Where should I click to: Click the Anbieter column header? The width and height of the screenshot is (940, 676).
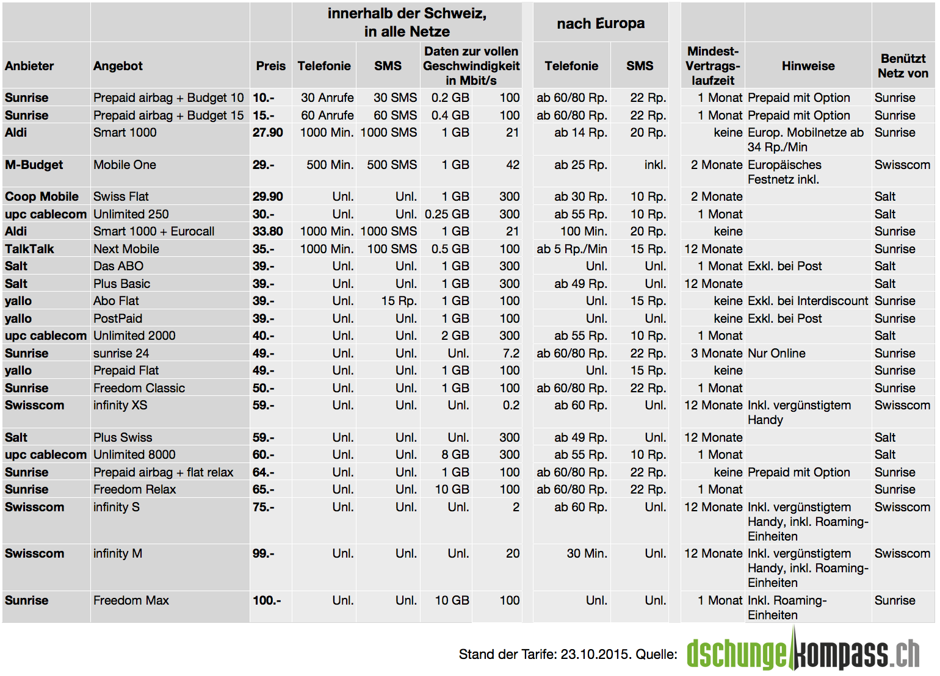tap(29, 66)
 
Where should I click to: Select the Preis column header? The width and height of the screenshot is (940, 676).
tap(270, 66)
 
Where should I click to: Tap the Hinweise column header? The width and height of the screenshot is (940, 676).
tap(808, 66)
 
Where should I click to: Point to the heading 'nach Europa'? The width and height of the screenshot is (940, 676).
tap(601, 24)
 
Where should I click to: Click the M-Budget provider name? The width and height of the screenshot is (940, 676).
tap(34, 165)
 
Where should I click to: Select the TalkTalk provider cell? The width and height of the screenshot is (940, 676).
tap(29, 249)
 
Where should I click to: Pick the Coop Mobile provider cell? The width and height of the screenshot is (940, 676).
tap(42, 196)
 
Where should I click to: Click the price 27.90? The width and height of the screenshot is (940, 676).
tap(268, 132)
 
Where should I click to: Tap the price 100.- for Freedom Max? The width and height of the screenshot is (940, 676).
tap(267, 600)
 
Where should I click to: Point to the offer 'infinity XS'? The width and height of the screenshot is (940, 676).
tap(120, 405)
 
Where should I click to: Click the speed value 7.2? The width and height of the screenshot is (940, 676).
tap(511, 353)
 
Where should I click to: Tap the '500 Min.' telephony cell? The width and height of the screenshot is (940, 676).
tap(330, 165)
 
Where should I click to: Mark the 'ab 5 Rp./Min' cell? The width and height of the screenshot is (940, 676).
tap(571, 249)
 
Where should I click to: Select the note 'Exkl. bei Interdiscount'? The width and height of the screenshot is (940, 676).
tap(808, 301)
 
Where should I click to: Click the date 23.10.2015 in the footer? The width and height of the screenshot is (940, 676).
tap(595, 655)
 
